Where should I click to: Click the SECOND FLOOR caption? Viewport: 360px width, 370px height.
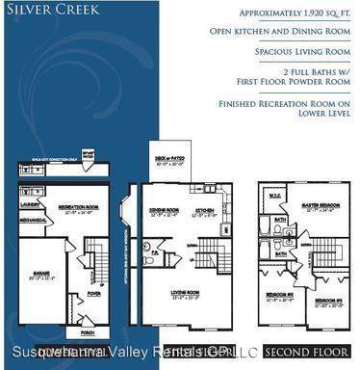coord(301,351)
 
